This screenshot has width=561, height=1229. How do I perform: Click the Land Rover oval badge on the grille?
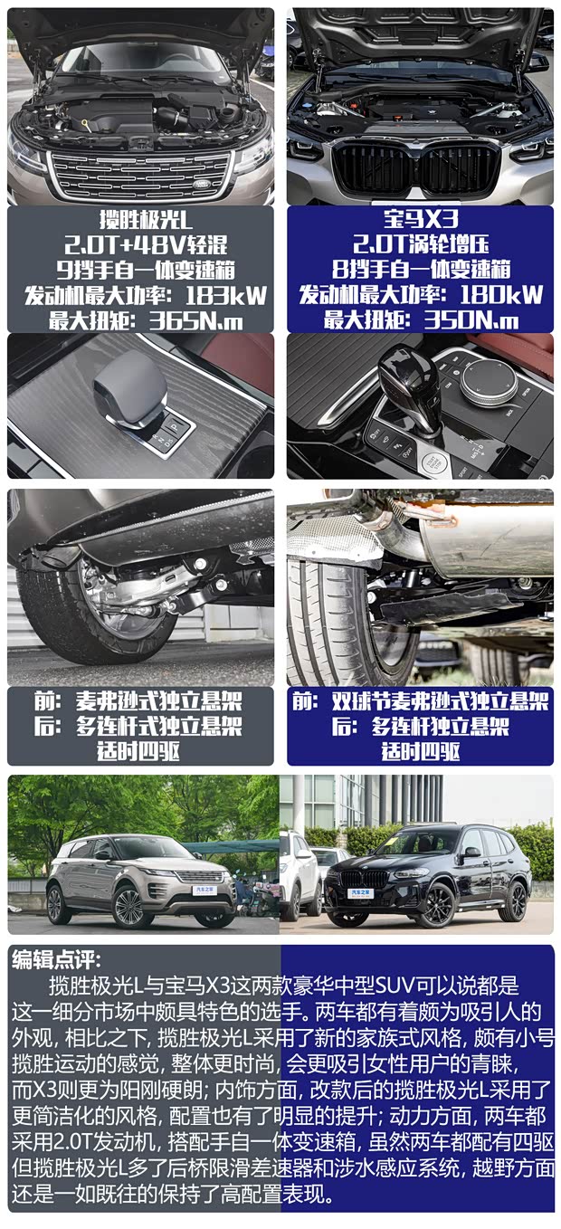point(207,183)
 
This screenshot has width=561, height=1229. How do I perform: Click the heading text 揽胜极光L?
point(146,219)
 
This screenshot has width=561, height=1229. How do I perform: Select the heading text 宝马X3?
point(420,219)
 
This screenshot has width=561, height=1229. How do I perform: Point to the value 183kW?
point(225,296)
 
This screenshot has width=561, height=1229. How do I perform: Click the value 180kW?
point(501,295)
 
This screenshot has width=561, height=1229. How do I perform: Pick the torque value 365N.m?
point(195,320)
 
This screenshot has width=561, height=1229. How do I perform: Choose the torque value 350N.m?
point(471,320)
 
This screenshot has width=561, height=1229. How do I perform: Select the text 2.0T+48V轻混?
point(146,244)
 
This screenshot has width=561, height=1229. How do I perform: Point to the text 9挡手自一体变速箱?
point(146,270)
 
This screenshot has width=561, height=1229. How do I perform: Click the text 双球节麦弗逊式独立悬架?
point(440,701)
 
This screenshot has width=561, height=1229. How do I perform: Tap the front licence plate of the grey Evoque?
point(204,891)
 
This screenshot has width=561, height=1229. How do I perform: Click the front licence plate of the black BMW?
point(361,893)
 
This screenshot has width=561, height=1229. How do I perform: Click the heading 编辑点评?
point(56,960)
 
